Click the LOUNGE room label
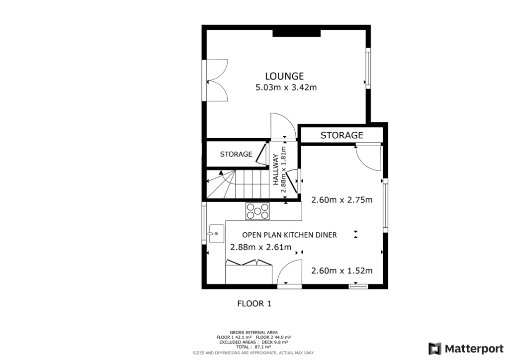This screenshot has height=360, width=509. [x=284, y=76]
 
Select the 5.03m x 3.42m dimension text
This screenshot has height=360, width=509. [x=286, y=88]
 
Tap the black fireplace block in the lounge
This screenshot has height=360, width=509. [x=296, y=32]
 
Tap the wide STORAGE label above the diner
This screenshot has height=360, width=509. [x=341, y=135]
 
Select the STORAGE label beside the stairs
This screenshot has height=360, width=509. [x=236, y=154]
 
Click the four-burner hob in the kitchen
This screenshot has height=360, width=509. [x=258, y=211]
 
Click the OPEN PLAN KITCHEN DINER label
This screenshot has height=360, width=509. [x=289, y=235]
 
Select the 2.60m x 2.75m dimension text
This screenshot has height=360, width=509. [x=341, y=200]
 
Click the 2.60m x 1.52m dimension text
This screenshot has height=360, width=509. [x=341, y=270]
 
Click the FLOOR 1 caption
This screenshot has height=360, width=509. [x=254, y=303]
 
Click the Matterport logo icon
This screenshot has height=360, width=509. [x=435, y=348]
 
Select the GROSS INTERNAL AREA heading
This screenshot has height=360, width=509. [x=254, y=332]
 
